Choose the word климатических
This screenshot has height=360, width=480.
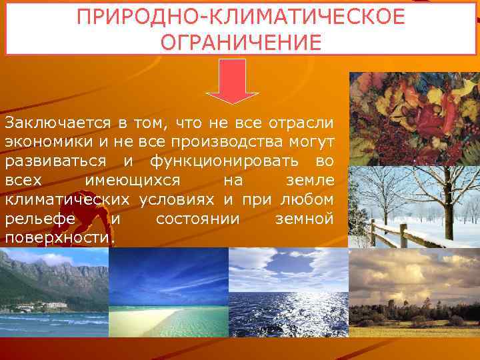point(69,200)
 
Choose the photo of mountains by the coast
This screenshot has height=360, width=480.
point(53,293)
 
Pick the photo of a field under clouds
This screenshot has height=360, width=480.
point(414,293)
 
